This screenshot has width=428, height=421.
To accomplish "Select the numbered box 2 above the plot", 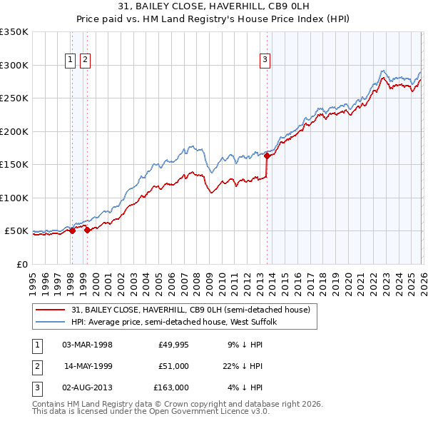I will tap(85, 61).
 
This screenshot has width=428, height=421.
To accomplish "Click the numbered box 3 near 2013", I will tap(265, 61).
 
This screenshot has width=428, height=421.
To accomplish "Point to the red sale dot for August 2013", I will tap(267, 156).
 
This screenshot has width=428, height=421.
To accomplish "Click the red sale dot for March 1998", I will tap(72, 230).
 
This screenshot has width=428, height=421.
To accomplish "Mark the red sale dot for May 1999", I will tap(87, 230).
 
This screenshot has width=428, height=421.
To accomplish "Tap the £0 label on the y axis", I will tap(21, 264).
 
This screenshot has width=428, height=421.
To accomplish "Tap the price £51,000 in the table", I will tap(173, 366).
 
